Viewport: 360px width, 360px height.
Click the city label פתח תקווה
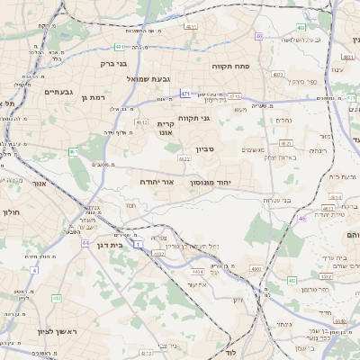click(x=229, y=66)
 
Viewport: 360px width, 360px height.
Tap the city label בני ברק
click(x=113, y=64)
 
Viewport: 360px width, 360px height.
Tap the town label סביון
click(x=203, y=149)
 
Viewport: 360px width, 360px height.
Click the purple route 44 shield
click(x=85, y=242)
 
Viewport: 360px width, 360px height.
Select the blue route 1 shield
click(x=139, y=244)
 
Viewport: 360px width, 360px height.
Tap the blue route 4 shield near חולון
click(x=34, y=270)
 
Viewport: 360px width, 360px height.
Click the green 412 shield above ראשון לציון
click(x=58, y=298)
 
